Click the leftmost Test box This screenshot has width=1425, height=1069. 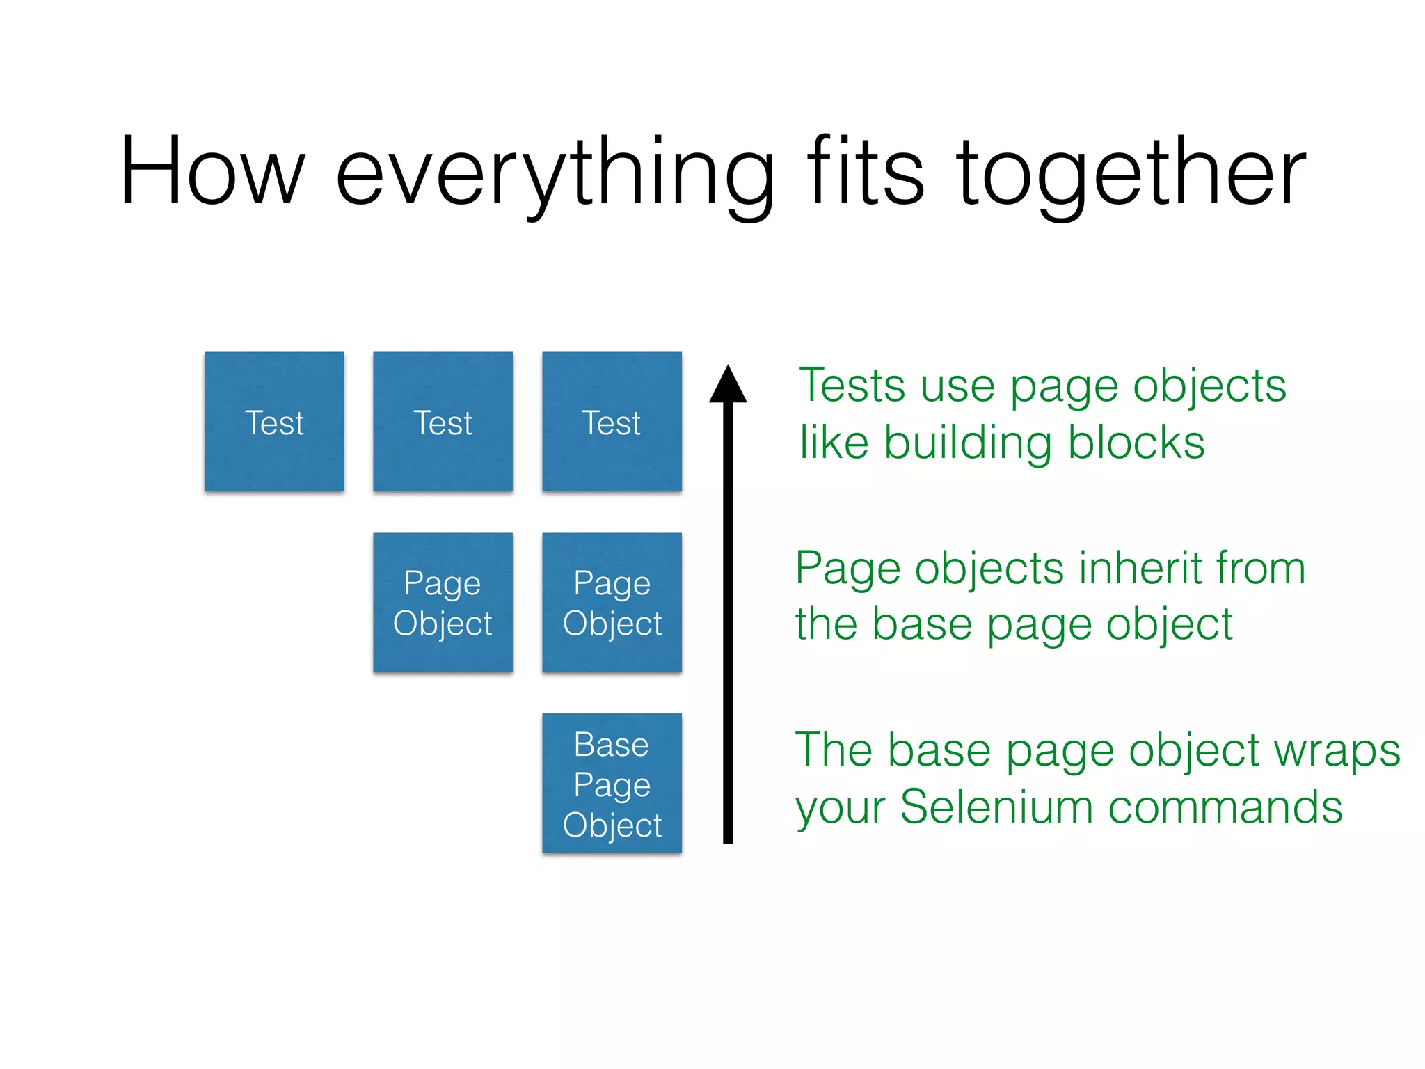pyautogui.click(x=274, y=422)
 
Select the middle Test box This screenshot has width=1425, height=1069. pyautogui.click(x=443, y=422)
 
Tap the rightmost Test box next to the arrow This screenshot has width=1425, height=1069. pyautogui.click(x=612, y=422)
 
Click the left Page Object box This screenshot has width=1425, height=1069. pyautogui.click(x=443, y=602)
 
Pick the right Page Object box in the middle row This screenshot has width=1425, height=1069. pyautogui.click(x=612, y=602)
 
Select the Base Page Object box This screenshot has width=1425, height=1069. pyautogui.click(x=612, y=783)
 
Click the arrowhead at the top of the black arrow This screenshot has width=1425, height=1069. pyautogui.click(x=728, y=386)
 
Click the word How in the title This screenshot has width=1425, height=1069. pyautogui.click(x=212, y=172)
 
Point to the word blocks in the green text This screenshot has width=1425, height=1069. pyautogui.click(x=1136, y=443)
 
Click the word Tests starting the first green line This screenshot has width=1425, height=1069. pyautogui.click(x=853, y=386)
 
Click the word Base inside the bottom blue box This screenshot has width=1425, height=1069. pyautogui.click(x=611, y=745)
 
